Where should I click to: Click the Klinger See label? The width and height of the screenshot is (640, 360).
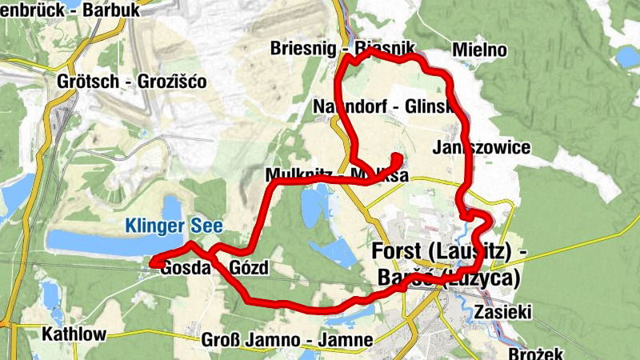(172, 226)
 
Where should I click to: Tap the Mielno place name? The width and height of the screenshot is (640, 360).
(479, 50)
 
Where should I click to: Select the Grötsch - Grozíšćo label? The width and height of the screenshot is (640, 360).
(132, 82)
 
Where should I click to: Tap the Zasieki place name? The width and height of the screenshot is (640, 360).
(502, 311)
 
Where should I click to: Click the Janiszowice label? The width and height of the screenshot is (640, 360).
(481, 148)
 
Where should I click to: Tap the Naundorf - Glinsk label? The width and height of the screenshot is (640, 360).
(384, 106)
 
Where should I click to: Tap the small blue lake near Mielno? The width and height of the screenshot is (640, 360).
(627, 56)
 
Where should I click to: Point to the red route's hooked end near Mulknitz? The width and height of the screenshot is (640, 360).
(398, 157)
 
